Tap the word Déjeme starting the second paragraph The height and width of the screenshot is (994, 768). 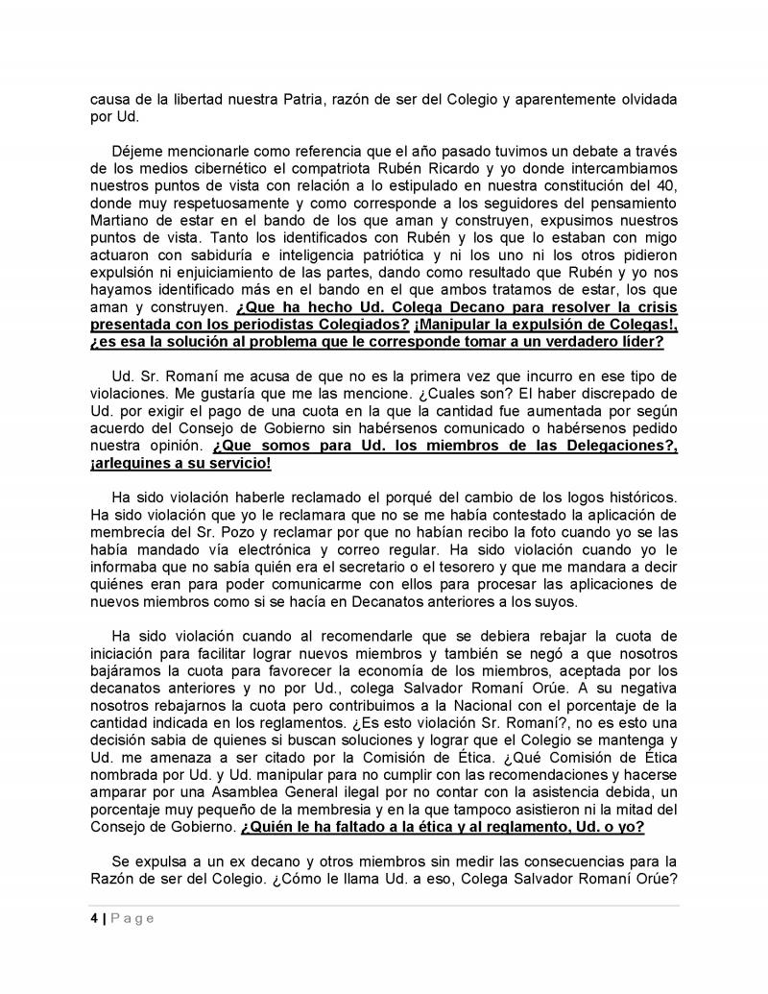tap(138, 155)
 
